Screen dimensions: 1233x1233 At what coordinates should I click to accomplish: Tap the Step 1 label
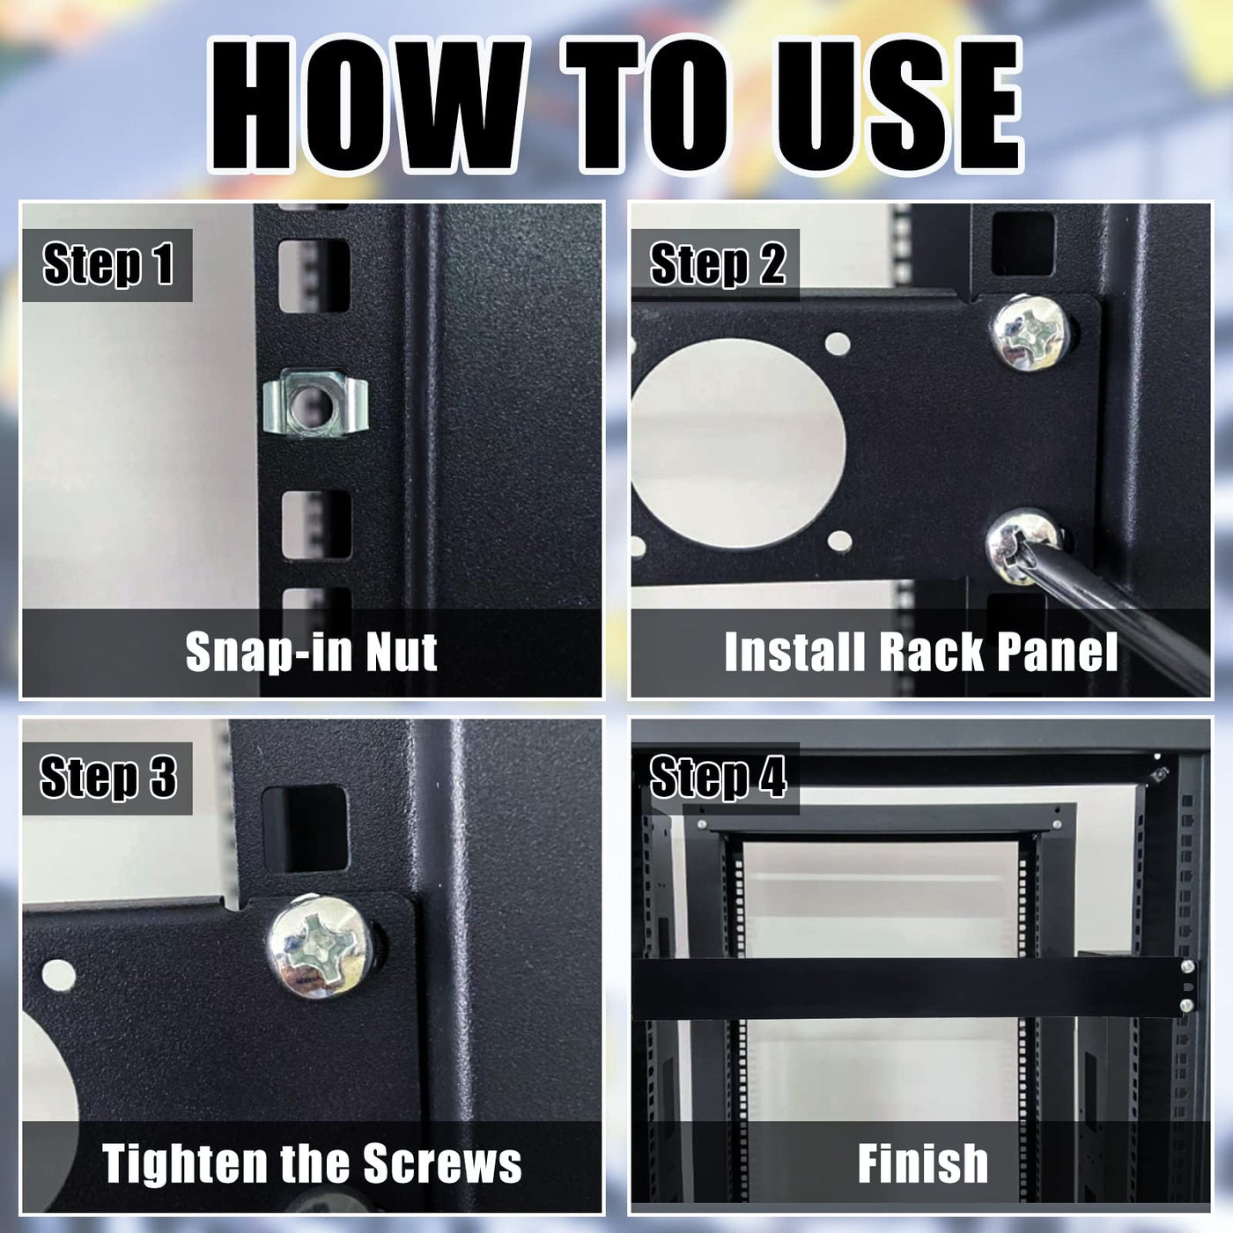(x=107, y=264)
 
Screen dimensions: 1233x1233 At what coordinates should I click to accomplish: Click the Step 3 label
(x=107, y=778)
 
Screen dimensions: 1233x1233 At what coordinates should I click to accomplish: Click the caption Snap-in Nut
(x=312, y=653)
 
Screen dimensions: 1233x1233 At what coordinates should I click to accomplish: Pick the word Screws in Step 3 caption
(x=443, y=1163)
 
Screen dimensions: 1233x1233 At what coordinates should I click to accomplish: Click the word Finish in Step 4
(x=923, y=1163)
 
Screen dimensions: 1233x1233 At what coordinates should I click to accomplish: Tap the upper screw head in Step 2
(x=1030, y=332)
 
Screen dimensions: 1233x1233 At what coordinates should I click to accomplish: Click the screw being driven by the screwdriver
(x=1022, y=545)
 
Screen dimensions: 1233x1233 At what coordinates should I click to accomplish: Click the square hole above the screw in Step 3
(x=306, y=830)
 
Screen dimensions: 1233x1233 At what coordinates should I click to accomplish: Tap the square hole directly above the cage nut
(x=314, y=277)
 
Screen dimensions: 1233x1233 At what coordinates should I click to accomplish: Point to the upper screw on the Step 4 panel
(x=1187, y=984)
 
